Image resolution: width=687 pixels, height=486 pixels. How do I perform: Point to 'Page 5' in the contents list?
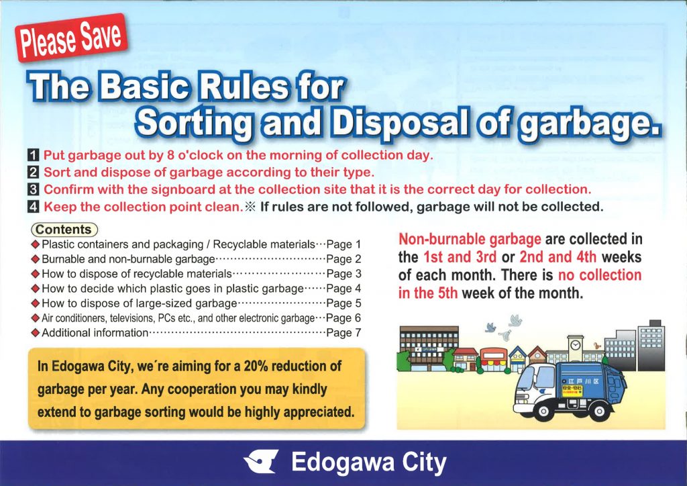click(x=343, y=303)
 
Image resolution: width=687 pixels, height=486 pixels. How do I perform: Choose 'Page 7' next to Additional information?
click(x=343, y=333)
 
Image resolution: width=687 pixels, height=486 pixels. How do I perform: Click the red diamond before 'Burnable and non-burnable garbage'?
click(x=36, y=259)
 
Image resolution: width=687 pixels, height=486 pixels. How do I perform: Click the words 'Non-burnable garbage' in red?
click(x=470, y=240)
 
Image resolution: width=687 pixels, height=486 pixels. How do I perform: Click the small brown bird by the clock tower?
click(x=596, y=333)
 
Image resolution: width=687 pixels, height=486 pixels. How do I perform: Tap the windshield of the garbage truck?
click(x=527, y=379)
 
